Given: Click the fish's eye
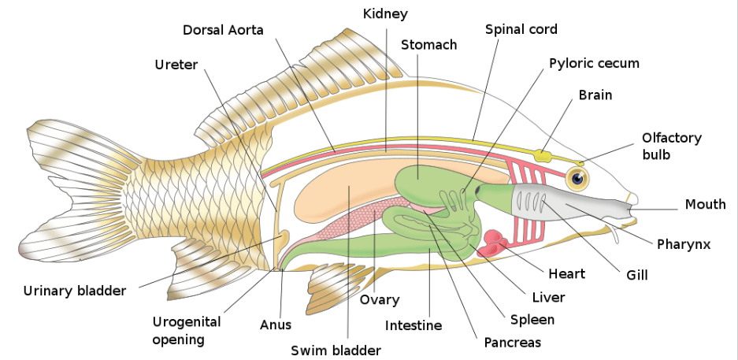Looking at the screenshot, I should click(579, 179).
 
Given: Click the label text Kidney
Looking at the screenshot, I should click(385, 14).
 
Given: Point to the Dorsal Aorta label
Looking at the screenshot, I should click(223, 30).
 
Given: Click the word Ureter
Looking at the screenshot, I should click(176, 64).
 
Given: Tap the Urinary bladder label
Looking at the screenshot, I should click(74, 291).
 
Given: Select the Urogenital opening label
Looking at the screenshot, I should click(186, 331).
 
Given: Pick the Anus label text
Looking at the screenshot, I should click(276, 325).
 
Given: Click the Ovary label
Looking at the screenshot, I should click(380, 299).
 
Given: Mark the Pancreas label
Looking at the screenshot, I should click(512, 343).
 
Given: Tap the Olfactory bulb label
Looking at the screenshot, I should click(671, 146).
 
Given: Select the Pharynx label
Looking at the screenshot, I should click(684, 244).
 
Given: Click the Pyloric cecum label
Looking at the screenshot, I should click(594, 63).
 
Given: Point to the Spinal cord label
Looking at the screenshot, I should click(521, 29).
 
